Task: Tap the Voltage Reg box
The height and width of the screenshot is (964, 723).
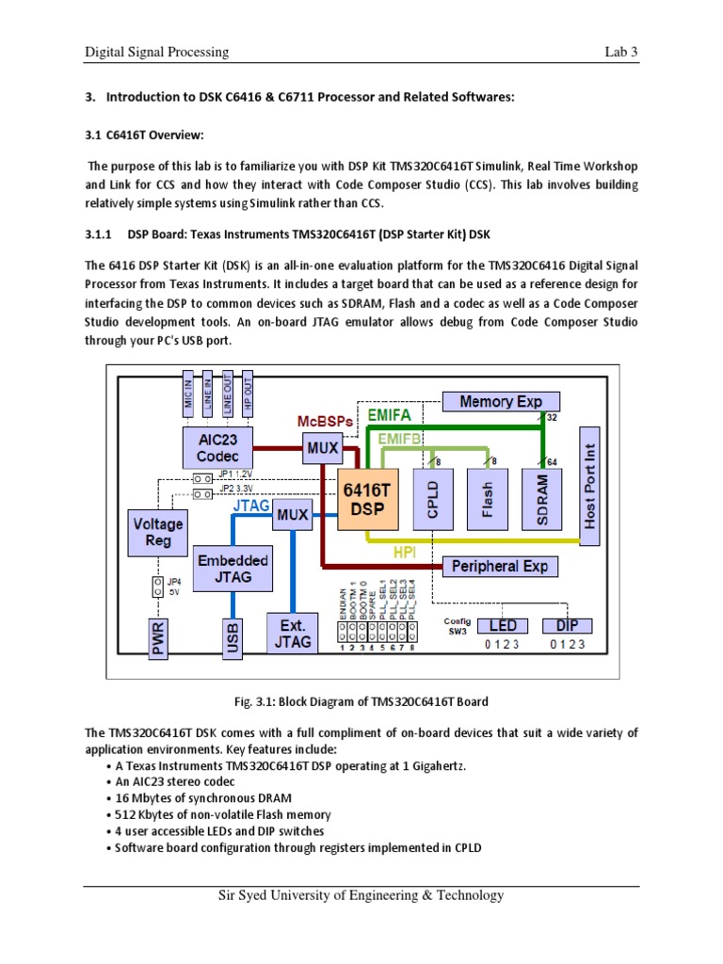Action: [159, 534]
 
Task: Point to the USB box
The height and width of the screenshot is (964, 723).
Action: [233, 637]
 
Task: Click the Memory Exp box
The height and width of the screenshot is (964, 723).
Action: [500, 402]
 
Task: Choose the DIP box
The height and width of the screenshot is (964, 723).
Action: [567, 626]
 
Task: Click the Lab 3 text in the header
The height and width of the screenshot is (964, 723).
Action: [621, 52]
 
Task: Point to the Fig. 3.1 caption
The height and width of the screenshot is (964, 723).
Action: [361, 703]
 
